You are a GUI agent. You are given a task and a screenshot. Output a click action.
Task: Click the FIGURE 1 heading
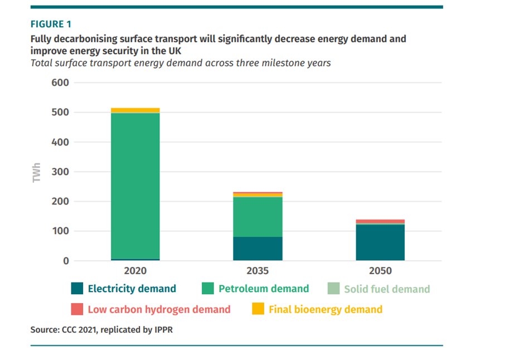(x=51, y=24)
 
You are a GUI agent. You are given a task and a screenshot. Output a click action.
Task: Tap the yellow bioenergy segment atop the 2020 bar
(x=135, y=110)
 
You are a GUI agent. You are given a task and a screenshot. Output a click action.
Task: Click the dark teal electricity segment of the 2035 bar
(x=258, y=249)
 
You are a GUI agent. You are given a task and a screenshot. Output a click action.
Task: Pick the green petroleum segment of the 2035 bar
(x=258, y=217)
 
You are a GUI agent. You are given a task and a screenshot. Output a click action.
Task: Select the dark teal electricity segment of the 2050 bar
(x=380, y=242)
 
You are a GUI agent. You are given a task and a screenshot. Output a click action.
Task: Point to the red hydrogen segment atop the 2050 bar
(x=380, y=221)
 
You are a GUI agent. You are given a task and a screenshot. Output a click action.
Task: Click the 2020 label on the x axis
(x=135, y=271)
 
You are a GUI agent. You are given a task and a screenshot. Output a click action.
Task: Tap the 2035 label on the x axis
(x=258, y=271)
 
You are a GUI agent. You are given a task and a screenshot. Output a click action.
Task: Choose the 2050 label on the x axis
(x=380, y=271)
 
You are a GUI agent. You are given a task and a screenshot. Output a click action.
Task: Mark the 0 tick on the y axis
(x=66, y=261)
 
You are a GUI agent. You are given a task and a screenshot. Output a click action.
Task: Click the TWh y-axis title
(x=37, y=172)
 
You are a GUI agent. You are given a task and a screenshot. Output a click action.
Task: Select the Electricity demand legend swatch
(x=77, y=289)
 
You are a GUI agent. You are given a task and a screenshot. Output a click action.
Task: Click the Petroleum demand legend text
(x=263, y=289)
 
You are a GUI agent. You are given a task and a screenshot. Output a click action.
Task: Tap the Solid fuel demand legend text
(x=387, y=289)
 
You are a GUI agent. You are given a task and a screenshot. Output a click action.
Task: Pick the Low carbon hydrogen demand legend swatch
(x=77, y=309)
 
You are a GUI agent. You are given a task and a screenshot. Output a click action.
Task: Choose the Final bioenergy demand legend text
(x=326, y=309)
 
